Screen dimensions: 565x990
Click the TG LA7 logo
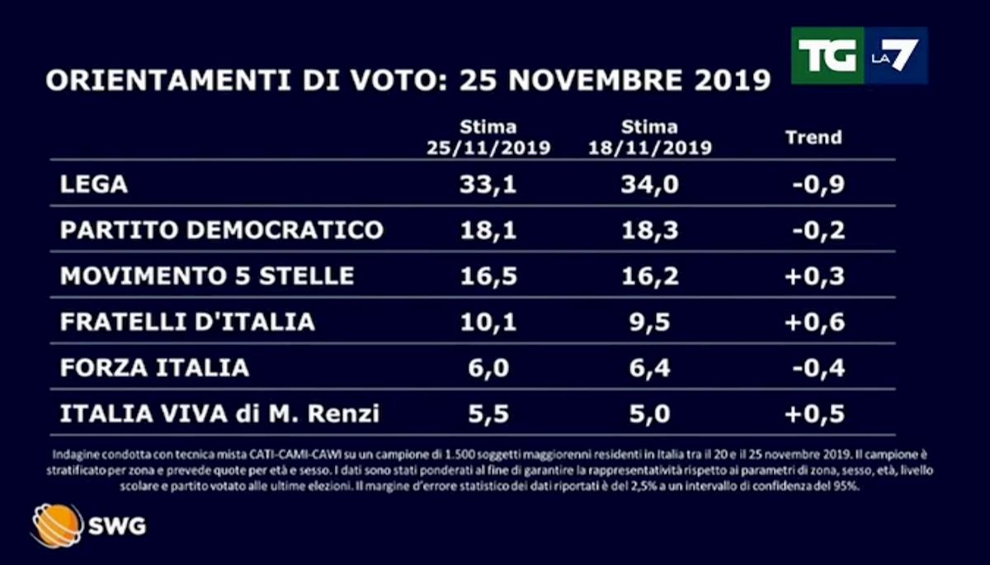point(859,55)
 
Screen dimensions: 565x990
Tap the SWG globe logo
point(57,525)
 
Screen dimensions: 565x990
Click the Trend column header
point(813,137)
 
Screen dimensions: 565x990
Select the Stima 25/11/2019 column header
point(488,138)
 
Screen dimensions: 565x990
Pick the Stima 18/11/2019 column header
point(649,138)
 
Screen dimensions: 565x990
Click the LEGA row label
point(93,184)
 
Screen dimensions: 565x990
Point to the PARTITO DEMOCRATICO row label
point(222,229)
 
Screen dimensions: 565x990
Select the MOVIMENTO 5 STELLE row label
point(207,275)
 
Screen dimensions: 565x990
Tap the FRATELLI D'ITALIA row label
point(187,321)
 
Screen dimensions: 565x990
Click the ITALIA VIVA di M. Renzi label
point(219,412)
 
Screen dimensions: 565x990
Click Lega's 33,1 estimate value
point(489,184)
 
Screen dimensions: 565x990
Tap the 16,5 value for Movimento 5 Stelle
point(489,275)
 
